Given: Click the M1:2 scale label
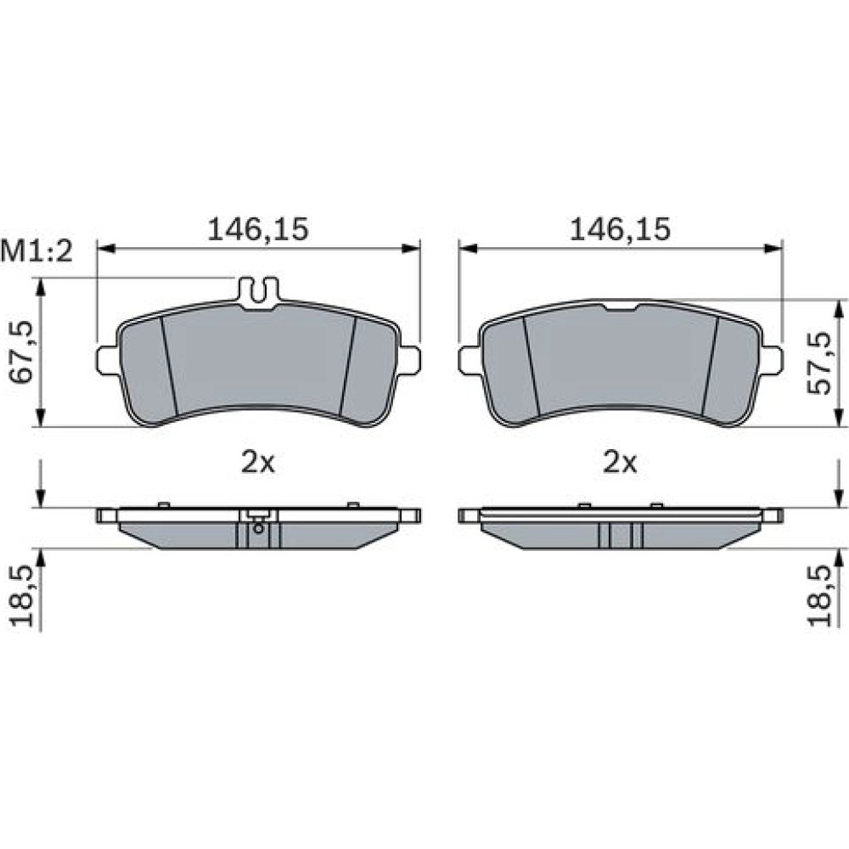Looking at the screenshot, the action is pos(37,252).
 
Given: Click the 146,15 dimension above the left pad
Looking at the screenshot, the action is pos(258,229).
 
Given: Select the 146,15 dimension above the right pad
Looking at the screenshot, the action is pos(620,229).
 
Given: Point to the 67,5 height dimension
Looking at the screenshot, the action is pos(22,352).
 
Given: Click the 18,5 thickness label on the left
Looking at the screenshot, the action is pos(22,596).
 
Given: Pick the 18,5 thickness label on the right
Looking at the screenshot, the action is pos(818,596).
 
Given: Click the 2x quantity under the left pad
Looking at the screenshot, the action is pos(258,463).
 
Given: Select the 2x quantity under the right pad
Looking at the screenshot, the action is pos(620,463).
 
